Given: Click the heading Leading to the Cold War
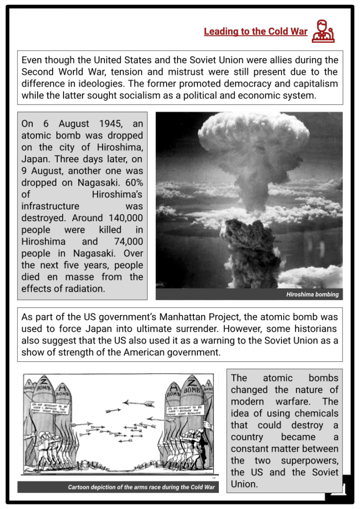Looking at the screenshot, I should (256, 32).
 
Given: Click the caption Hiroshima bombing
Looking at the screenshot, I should (312, 294).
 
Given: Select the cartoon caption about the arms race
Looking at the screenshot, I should (141, 487).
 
